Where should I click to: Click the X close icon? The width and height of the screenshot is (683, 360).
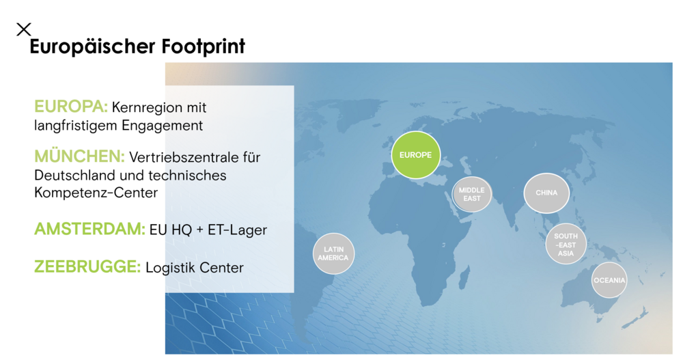(24, 29)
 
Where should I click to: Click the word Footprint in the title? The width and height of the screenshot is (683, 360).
(203, 47)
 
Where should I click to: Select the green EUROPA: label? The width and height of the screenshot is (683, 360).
(71, 107)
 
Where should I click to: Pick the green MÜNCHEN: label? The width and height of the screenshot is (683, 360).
(79, 157)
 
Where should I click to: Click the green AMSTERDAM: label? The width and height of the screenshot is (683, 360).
(89, 230)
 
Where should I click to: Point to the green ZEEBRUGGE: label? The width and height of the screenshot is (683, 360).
(87, 267)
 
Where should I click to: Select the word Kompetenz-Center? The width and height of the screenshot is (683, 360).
(96, 193)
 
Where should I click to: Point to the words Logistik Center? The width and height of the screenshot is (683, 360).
(195, 268)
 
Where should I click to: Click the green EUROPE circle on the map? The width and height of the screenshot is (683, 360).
(416, 155)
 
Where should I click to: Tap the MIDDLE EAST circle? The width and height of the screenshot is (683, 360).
(471, 194)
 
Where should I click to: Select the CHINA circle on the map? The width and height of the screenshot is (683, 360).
(546, 193)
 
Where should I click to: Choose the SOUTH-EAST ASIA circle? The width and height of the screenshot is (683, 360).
(566, 245)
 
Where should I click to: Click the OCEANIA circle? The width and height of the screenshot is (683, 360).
(609, 280)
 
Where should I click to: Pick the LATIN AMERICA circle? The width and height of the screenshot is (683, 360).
(333, 253)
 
